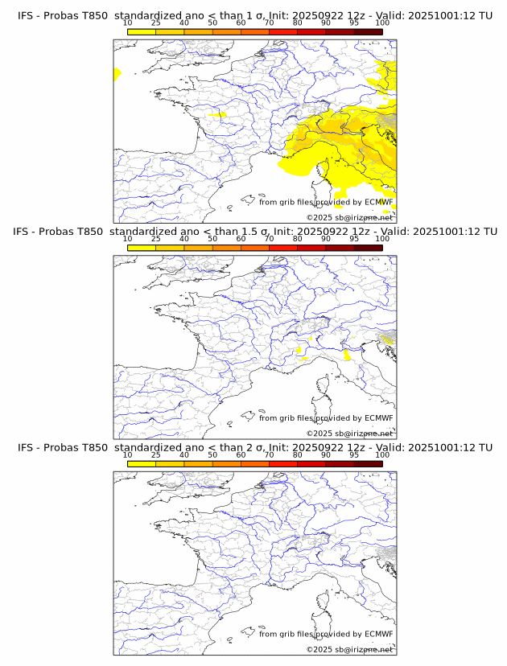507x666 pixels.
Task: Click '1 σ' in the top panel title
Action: (258, 16)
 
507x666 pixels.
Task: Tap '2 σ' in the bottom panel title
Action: (258, 447)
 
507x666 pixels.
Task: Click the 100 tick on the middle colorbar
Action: (382, 240)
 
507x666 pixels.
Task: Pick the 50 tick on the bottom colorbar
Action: (212, 455)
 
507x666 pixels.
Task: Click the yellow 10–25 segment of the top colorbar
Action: (142, 32)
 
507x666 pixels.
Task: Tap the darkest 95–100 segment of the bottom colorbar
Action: (368, 463)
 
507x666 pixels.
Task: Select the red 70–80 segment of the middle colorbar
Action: (283, 248)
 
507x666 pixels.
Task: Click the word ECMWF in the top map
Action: (378, 202)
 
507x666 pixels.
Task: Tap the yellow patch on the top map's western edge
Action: (117, 74)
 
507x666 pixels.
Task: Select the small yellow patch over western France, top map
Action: (218, 115)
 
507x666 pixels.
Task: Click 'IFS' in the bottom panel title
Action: (25, 447)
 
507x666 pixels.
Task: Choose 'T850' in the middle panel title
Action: (90, 232)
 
